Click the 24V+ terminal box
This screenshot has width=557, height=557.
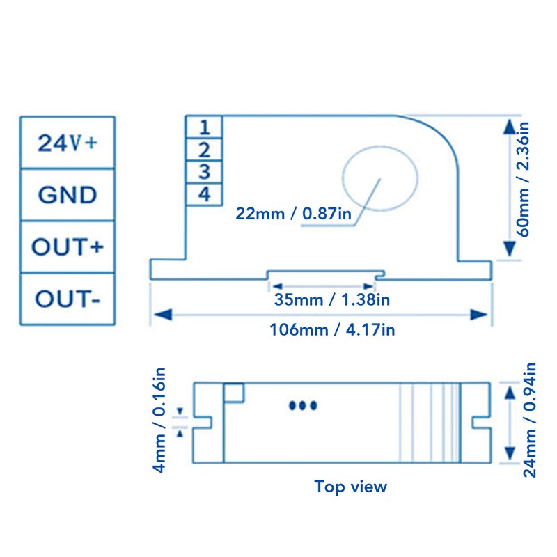point(68,143)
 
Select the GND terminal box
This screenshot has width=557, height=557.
point(68,194)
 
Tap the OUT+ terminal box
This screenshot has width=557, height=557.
point(68,246)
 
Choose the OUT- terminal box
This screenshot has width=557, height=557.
point(68,299)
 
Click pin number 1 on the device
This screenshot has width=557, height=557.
point(204,127)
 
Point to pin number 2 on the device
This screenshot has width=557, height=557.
point(204,149)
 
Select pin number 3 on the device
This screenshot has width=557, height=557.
point(204,171)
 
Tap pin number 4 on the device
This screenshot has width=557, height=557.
point(204,194)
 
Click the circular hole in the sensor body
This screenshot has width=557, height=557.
point(380,178)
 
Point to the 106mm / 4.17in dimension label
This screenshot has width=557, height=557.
point(332,329)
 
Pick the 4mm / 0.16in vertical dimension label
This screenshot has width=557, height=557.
point(160,421)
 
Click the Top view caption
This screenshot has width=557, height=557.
point(350,486)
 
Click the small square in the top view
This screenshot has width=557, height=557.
point(233,393)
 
